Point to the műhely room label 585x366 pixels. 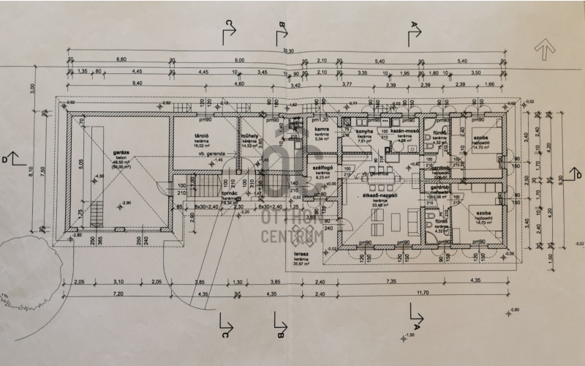tap(249, 136)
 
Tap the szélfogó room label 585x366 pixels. tap(323, 167)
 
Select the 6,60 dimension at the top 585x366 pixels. tap(121, 59)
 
